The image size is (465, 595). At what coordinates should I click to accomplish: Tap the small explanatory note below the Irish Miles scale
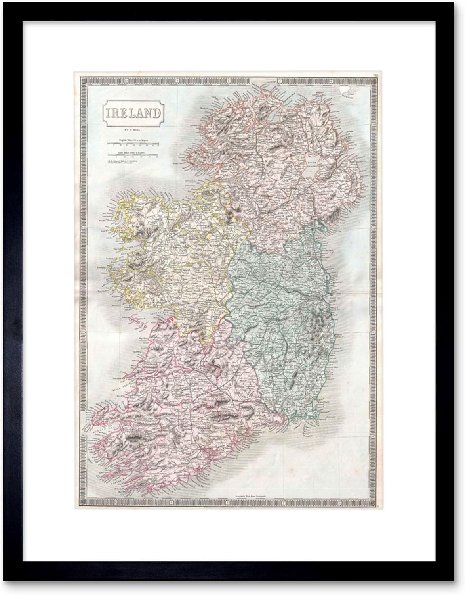coord(128,162)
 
